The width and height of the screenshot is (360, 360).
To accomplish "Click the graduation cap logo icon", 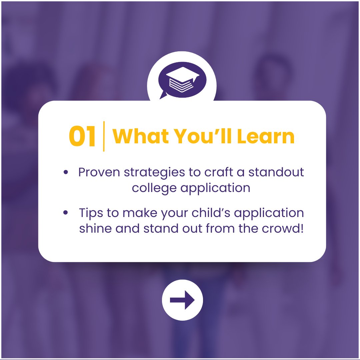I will coord(182,80).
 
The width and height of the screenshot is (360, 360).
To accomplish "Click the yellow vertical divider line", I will coord(104,136).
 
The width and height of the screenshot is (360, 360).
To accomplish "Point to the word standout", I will coord(276,173).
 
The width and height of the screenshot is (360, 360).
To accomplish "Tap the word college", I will coord(154,188).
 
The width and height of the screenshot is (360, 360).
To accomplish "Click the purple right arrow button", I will coord(182,300).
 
